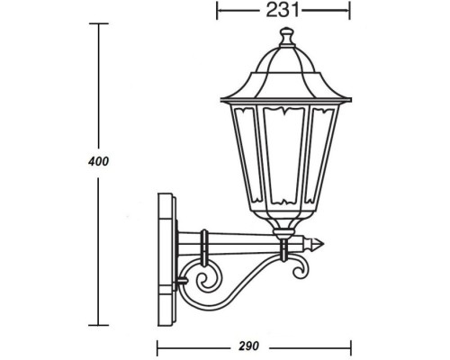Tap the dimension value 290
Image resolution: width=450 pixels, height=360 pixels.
pos(252,345)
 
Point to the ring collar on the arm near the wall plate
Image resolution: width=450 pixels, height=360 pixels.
pos(203,243)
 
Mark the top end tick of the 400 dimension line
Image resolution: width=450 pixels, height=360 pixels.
pos(98,23)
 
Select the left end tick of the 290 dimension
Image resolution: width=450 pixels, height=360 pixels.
pos(159,346)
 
